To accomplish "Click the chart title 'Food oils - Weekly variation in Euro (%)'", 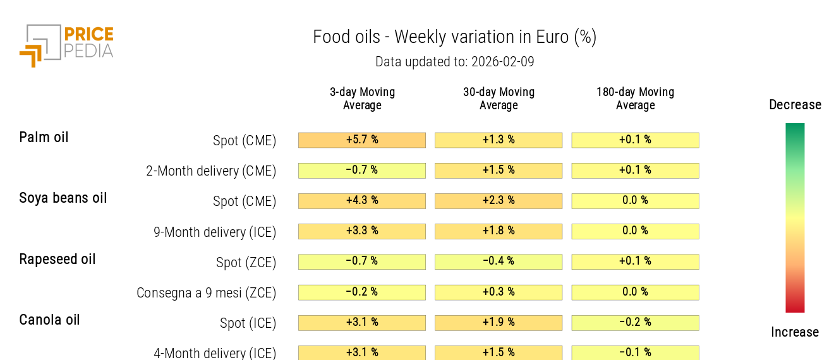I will click(x=454, y=37).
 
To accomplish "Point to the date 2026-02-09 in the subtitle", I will click(x=503, y=62).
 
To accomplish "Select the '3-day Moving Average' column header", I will click(x=362, y=99).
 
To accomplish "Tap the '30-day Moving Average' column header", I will click(x=499, y=99).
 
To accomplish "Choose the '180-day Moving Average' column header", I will click(x=635, y=99).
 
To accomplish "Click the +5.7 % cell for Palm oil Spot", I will click(x=362, y=140).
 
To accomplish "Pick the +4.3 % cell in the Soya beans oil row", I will click(x=362, y=201).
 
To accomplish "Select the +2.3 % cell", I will click(x=499, y=201).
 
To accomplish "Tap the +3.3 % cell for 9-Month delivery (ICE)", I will click(x=362, y=231).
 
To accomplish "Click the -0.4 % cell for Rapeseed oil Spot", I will click(x=499, y=261).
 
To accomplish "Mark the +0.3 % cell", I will click(x=499, y=292).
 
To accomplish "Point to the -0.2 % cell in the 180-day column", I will click(x=635, y=322).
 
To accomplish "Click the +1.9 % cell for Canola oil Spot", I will click(x=499, y=322).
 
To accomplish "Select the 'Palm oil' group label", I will click(x=44, y=138).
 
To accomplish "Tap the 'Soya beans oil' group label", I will click(x=63, y=198).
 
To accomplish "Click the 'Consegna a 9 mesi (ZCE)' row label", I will click(x=206, y=293).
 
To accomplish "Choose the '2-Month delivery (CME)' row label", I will click(x=211, y=171).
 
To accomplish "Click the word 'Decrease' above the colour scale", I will click(x=795, y=105).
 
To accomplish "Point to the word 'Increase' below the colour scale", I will click(x=795, y=332).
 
